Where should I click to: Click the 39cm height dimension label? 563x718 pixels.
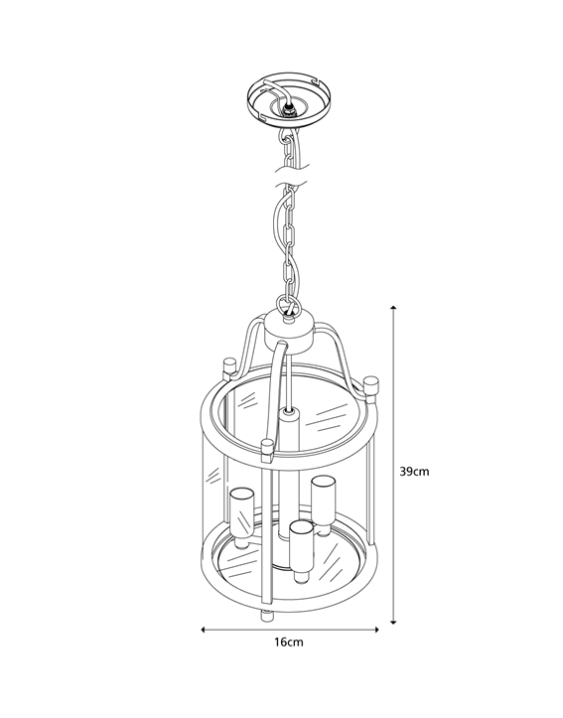[414, 471]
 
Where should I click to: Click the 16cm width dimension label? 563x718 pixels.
[289, 642]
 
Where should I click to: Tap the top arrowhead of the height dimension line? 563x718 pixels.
[393, 308]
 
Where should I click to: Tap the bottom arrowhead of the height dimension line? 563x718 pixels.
[393, 622]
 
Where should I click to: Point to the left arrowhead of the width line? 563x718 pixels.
[204, 630]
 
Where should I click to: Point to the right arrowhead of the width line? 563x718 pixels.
[376, 630]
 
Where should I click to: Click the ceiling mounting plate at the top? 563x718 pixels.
[288, 97]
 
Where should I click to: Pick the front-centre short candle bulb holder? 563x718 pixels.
[302, 547]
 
